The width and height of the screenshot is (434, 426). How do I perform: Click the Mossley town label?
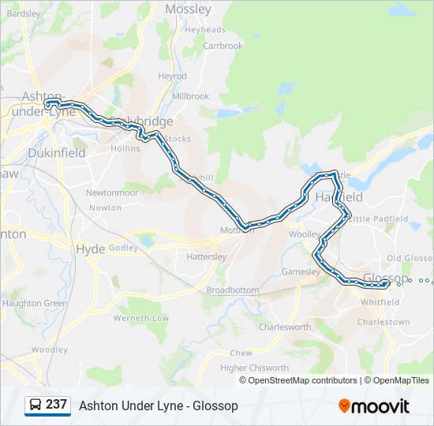click(x=188, y=9)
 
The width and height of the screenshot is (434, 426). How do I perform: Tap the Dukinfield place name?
click(x=56, y=153)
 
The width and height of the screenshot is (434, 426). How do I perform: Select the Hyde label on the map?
click(x=89, y=248)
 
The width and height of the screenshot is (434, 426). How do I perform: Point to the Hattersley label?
click(x=206, y=257)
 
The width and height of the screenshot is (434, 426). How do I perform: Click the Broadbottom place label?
click(x=232, y=290)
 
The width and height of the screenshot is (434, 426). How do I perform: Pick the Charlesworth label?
click(x=284, y=327)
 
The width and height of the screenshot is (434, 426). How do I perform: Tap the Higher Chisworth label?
click(x=254, y=368)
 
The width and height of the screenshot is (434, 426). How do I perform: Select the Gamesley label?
click(x=301, y=271)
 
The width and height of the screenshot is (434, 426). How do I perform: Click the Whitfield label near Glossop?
click(x=380, y=302)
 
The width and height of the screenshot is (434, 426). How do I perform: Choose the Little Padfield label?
click(x=378, y=219)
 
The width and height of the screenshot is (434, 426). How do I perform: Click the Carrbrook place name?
click(x=223, y=46)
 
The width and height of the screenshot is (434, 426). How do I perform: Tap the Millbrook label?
click(x=190, y=96)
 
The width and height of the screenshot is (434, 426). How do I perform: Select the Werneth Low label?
click(x=141, y=318)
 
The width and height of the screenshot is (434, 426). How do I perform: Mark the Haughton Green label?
click(x=34, y=303)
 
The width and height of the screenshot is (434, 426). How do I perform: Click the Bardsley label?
click(x=23, y=13)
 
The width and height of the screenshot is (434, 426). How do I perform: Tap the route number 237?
click(x=57, y=405)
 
